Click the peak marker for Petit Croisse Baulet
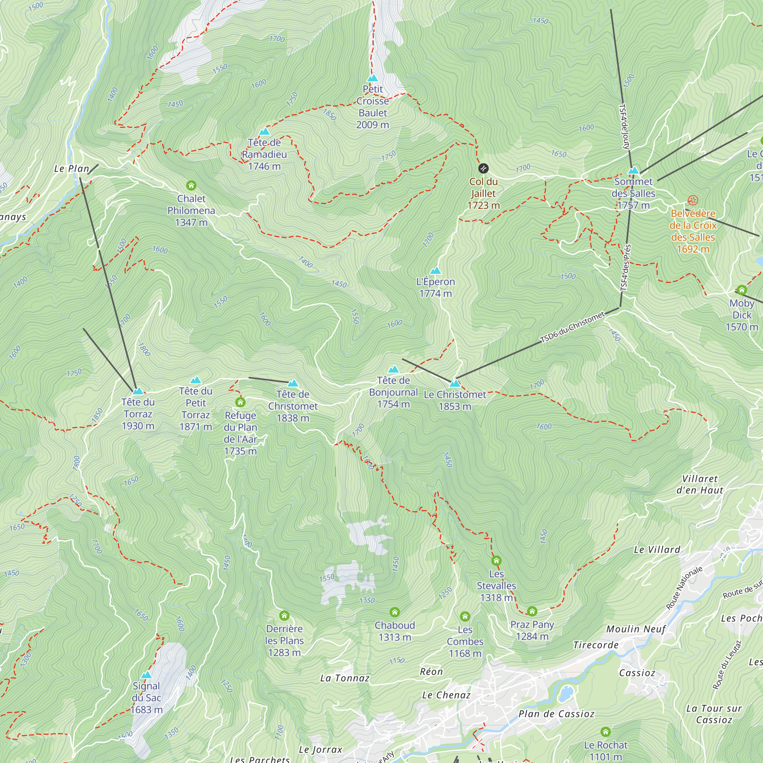tap(372, 78)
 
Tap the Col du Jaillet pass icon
tap(483, 169)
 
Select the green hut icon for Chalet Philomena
tap(191, 185)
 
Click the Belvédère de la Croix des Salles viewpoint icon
tap(693, 200)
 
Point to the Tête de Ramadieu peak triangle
tap(264, 132)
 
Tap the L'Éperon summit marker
tap(435, 270)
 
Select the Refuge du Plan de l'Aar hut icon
tap(240, 402)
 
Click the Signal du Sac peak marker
tap(146, 675)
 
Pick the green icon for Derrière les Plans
tap(284, 616)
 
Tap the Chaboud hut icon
tap(394, 612)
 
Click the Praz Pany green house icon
tap(532, 611)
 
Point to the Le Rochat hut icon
tap(605, 732)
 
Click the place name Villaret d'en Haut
tap(700, 484)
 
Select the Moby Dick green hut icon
tap(742, 290)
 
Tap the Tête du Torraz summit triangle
tap(138, 391)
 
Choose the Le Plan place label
tap(71, 169)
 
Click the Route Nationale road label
tap(684, 588)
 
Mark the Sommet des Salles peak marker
tap(633, 171)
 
